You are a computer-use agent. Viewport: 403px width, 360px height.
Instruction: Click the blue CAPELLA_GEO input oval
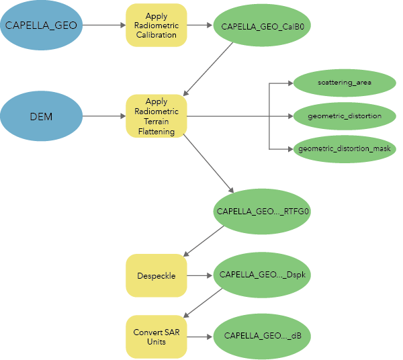41,26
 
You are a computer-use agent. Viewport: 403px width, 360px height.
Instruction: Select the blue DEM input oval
41,117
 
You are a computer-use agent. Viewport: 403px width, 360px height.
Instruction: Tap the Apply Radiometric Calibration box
156,26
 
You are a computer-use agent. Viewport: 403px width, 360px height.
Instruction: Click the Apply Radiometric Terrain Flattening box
156,117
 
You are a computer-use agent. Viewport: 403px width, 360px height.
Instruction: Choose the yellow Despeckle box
156,275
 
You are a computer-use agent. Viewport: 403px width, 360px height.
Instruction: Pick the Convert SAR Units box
156,336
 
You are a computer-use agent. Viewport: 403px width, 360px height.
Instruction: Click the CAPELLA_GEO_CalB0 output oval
262,26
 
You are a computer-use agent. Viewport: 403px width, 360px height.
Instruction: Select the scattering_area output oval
344,83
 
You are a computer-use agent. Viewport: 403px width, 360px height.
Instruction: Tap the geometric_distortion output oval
344,116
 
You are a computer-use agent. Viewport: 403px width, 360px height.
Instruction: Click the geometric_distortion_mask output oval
344,148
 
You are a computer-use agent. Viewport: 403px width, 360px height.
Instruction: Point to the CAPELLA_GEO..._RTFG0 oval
262,211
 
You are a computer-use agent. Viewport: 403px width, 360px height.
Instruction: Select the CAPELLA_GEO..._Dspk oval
262,275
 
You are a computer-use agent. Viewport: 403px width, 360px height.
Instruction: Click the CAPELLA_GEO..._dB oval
262,335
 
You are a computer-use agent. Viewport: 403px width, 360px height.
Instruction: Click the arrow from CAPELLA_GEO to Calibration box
104,26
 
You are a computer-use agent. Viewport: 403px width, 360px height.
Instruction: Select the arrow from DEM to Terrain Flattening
104,117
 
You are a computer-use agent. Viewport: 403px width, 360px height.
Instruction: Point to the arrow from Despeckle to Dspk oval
199,275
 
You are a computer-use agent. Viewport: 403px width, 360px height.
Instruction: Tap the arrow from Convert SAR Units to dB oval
199,336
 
